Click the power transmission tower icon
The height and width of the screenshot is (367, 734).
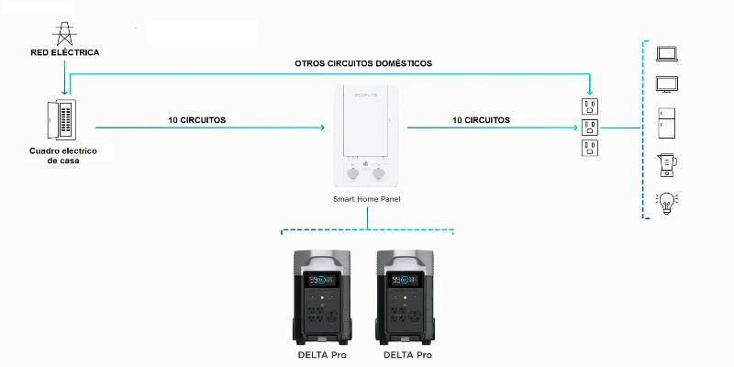click(64, 34)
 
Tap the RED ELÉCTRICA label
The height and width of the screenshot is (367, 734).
click(65, 52)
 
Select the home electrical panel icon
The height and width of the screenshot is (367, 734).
click(61, 119)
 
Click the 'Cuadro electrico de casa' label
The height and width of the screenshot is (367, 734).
click(63, 155)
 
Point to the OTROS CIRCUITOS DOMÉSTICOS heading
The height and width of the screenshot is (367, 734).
click(363, 63)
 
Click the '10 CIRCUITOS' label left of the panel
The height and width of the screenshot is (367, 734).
click(197, 120)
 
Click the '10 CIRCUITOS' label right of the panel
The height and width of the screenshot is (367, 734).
click(481, 120)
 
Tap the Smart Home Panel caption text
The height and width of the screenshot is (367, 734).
click(366, 199)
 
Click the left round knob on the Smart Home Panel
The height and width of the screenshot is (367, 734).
click(352, 174)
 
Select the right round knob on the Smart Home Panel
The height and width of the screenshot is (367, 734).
click(378, 174)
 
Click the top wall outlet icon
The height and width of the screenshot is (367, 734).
click(590, 106)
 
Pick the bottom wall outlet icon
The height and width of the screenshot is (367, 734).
click(590, 148)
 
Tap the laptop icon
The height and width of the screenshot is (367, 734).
click(667, 53)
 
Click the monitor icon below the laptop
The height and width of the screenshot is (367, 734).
click(667, 84)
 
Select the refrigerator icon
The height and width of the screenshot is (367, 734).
click(667, 123)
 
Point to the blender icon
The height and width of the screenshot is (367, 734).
click(668, 165)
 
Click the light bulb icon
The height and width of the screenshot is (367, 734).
click(667, 203)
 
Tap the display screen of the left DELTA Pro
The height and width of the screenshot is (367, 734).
click(322, 280)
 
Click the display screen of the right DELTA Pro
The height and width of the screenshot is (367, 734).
click(406, 280)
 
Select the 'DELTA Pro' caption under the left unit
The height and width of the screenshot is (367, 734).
click(322, 355)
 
